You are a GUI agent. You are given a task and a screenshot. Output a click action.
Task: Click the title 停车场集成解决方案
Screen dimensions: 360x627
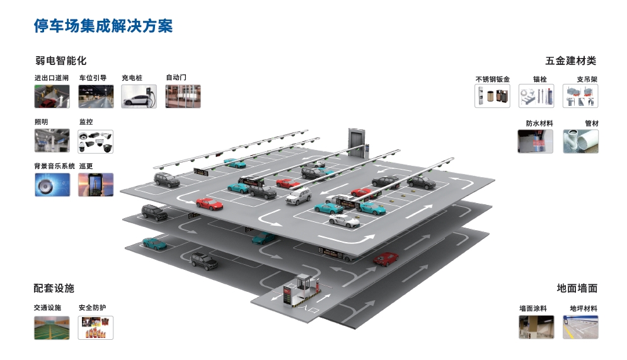103,26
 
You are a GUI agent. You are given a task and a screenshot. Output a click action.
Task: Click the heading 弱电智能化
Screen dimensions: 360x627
60,61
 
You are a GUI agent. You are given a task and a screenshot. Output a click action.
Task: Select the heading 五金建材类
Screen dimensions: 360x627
570,61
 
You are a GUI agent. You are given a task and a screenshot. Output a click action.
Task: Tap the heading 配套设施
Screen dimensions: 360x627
54,288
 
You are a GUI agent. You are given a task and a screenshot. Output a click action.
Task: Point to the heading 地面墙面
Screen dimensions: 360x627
577,288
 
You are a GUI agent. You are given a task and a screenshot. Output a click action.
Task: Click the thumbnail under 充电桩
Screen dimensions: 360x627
139,96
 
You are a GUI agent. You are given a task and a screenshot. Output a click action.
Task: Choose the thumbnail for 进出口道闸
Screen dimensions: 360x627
52,96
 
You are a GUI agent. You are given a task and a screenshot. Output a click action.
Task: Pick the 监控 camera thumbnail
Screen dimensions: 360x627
96,141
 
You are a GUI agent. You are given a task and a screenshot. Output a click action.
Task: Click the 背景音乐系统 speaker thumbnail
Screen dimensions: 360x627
52,185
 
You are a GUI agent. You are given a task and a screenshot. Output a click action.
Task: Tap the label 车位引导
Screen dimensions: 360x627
93,78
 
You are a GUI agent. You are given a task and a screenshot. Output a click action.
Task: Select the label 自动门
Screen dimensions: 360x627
176,78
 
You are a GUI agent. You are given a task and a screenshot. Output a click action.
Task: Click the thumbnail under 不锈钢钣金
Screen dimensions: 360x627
492,96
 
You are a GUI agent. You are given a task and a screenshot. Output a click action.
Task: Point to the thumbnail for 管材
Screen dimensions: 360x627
580,141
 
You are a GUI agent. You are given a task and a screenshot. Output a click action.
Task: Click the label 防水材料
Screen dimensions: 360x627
539,124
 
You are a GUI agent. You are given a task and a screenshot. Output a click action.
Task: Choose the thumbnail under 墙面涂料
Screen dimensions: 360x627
536,327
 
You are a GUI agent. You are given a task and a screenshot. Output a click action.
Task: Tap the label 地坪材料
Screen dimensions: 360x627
583,309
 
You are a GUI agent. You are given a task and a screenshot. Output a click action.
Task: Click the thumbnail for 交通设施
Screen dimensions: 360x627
52,328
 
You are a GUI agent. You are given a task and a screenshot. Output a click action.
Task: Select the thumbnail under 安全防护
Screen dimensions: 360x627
96,328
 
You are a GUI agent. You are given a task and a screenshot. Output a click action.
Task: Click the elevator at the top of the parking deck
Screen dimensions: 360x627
356,142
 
